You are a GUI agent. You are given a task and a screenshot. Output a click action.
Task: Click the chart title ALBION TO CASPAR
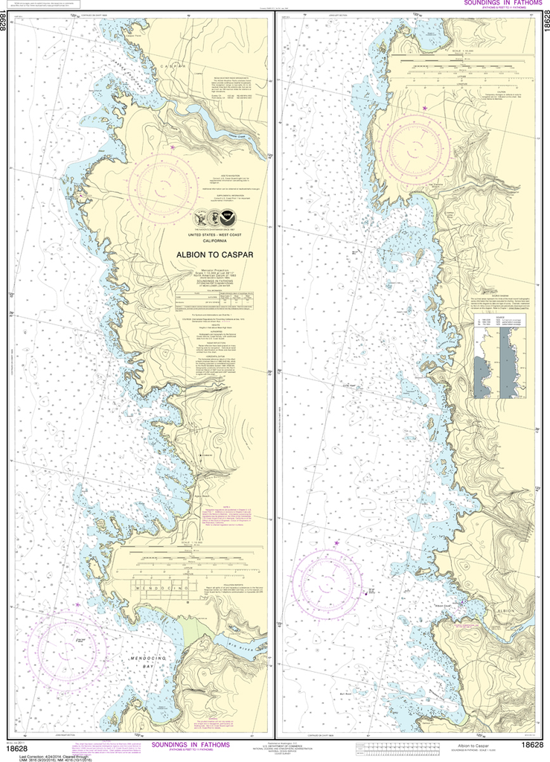tap(214, 254)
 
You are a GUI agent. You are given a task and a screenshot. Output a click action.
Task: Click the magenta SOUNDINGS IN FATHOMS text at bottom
tap(191, 743)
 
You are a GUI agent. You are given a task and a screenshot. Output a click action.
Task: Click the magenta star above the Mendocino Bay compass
tap(77, 604)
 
